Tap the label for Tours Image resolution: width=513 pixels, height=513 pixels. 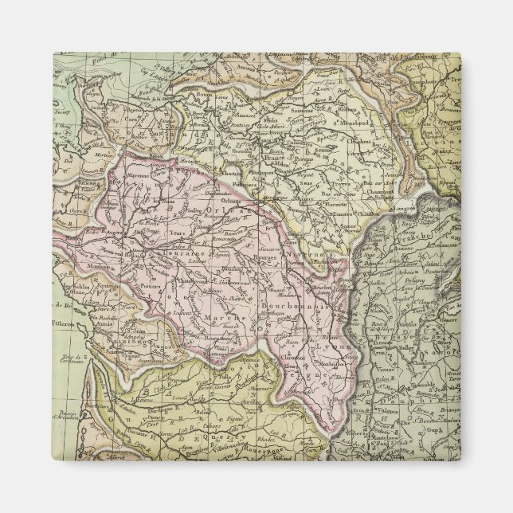178,235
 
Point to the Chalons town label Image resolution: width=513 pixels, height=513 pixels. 358,142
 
